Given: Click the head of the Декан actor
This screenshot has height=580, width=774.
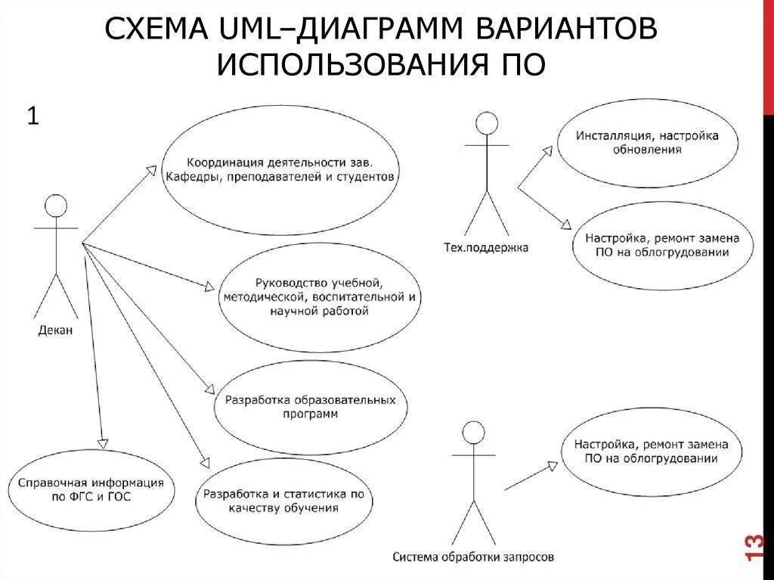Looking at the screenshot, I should click(56, 206).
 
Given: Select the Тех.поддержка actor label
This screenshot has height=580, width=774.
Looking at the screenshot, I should click(486, 247).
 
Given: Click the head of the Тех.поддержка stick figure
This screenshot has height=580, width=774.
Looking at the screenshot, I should click(488, 123).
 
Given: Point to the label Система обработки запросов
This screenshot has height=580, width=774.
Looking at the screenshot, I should click(473, 557).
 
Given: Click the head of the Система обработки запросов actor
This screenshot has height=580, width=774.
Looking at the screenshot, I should click(473, 433).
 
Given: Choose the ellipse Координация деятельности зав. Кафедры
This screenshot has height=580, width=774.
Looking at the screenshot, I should click(280, 170).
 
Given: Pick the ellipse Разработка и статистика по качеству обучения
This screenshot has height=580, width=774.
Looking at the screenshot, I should click(283, 500).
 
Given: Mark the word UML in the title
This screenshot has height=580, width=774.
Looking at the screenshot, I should click(254, 29).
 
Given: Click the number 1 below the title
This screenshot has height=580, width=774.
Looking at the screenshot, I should click(33, 116).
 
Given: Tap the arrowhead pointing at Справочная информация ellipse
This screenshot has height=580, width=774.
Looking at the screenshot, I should click(103, 440).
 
